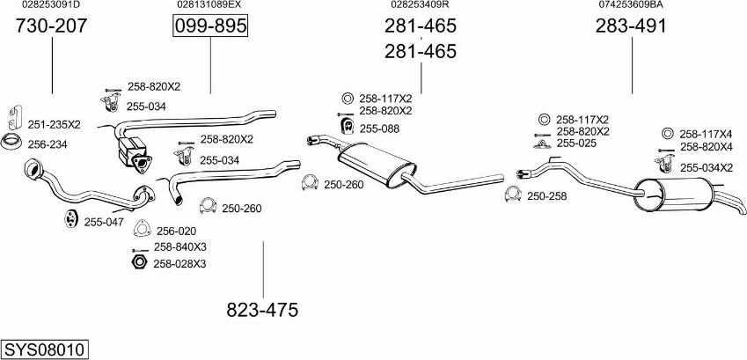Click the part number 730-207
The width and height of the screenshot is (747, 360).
[x=52, y=26]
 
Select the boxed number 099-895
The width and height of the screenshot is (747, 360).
[x=210, y=26]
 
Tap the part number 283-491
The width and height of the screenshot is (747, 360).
[x=631, y=26]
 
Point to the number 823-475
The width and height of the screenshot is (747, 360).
[x=262, y=310]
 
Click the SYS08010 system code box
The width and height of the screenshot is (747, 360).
[x=45, y=349]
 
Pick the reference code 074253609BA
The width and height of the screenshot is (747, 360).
[x=631, y=5]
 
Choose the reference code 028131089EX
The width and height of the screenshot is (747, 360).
[x=209, y=5]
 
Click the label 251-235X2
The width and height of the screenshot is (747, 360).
[x=54, y=125]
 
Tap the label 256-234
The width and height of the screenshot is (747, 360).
[x=48, y=144]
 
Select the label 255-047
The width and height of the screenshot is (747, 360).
[x=104, y=222]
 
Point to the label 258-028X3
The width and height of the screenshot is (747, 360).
[x=180, y=263]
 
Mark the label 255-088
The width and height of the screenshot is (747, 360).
[x=379, y=129]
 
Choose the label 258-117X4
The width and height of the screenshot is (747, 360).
[x=706, y=134]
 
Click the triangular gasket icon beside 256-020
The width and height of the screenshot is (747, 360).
[x=141, y=231]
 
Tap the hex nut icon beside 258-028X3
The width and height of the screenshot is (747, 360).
[x=138, y=262]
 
